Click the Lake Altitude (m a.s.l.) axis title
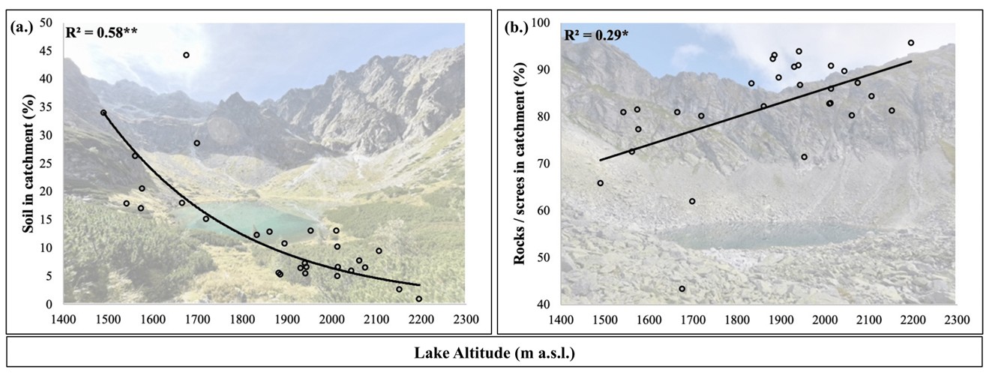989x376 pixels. [494, 353]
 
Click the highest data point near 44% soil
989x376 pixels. [186, 55]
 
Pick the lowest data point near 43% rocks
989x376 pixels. [682, 289]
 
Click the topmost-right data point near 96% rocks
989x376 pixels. [911, 43]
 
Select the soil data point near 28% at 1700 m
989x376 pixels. [197, 143]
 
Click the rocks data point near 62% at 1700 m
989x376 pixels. [692, 201]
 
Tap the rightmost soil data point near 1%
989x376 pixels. [419, 299]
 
